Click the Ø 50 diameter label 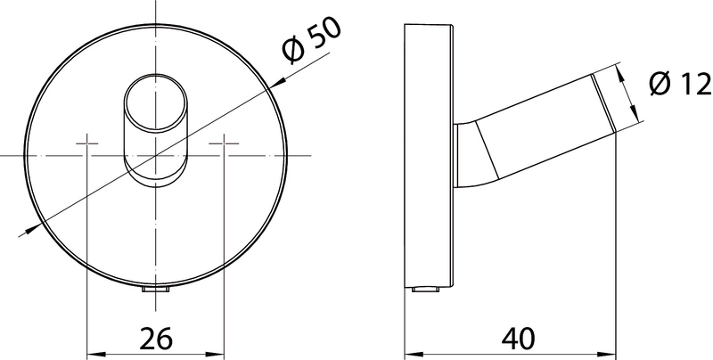point(310,41)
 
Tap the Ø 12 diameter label point(680,84)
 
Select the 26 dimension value point(155,339)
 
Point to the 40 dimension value point(519,339)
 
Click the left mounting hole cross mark point(86,143)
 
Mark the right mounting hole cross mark point(224,143)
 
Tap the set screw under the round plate point(155,289)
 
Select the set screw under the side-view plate point(426,289)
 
